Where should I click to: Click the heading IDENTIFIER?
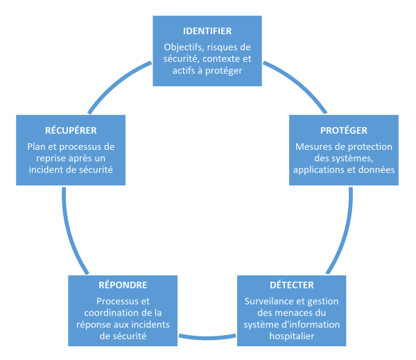coord(207,31)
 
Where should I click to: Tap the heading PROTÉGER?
coord(344,130)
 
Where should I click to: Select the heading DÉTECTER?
coord(292,285)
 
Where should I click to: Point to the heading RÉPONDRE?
coord(123,285)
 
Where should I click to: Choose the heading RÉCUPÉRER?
coord(71,130)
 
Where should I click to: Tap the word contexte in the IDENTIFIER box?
coord(221,59)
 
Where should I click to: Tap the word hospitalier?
coord(292,336)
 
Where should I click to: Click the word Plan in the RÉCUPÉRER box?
coord(36,146)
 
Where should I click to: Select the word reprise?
coord(49,158)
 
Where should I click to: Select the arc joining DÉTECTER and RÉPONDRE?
coord(207,338)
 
